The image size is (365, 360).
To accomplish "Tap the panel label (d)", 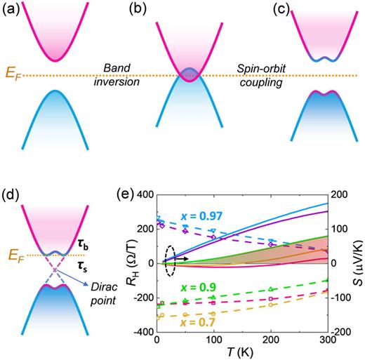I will point(11,185).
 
